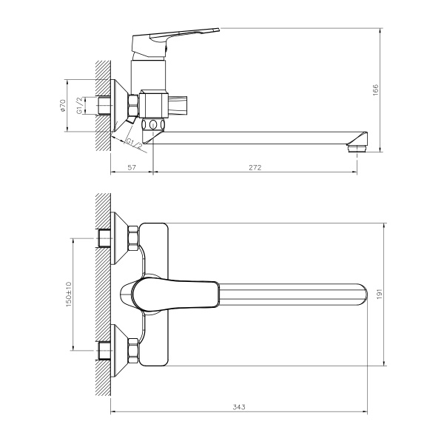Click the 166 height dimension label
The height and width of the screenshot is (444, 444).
click(x=375, y=90)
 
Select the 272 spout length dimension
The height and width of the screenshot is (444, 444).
click(x=256, y=168)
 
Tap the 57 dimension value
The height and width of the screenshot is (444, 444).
click(x=132, y=168)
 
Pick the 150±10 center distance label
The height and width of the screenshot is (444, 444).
click(x=67, y=294)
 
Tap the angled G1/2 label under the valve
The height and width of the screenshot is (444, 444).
click(x=134, y=142)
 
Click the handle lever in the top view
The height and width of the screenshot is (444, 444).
click(x=174, y=294)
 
